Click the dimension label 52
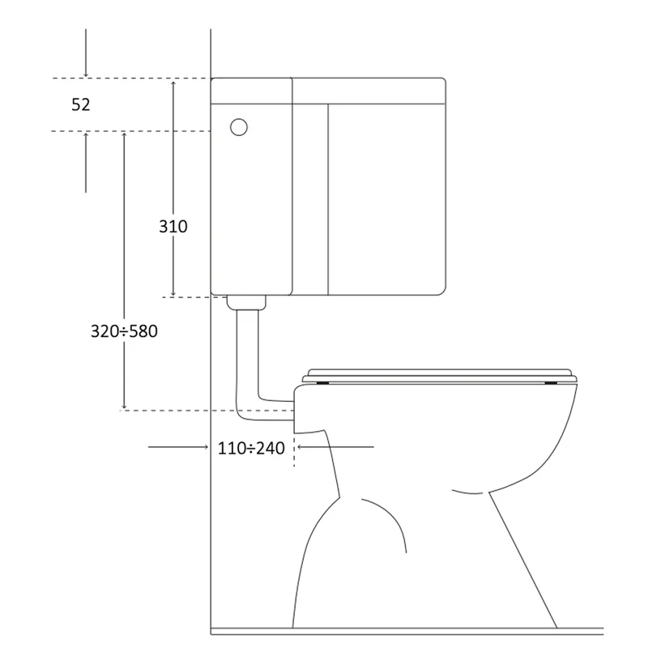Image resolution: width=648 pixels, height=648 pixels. [80, 104]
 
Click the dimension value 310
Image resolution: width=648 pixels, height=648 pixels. [173, 227]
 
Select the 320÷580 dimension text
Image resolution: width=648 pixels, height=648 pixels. [124, 331]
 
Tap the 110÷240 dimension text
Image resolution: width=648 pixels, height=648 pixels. [251, 449]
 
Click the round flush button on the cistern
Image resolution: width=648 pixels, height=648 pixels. [239, 127]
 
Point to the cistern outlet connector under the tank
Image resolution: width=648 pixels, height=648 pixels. [246, 302]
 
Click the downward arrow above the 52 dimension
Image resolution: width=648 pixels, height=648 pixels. [86, 53]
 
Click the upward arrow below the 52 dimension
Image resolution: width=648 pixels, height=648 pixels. [86, 163]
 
